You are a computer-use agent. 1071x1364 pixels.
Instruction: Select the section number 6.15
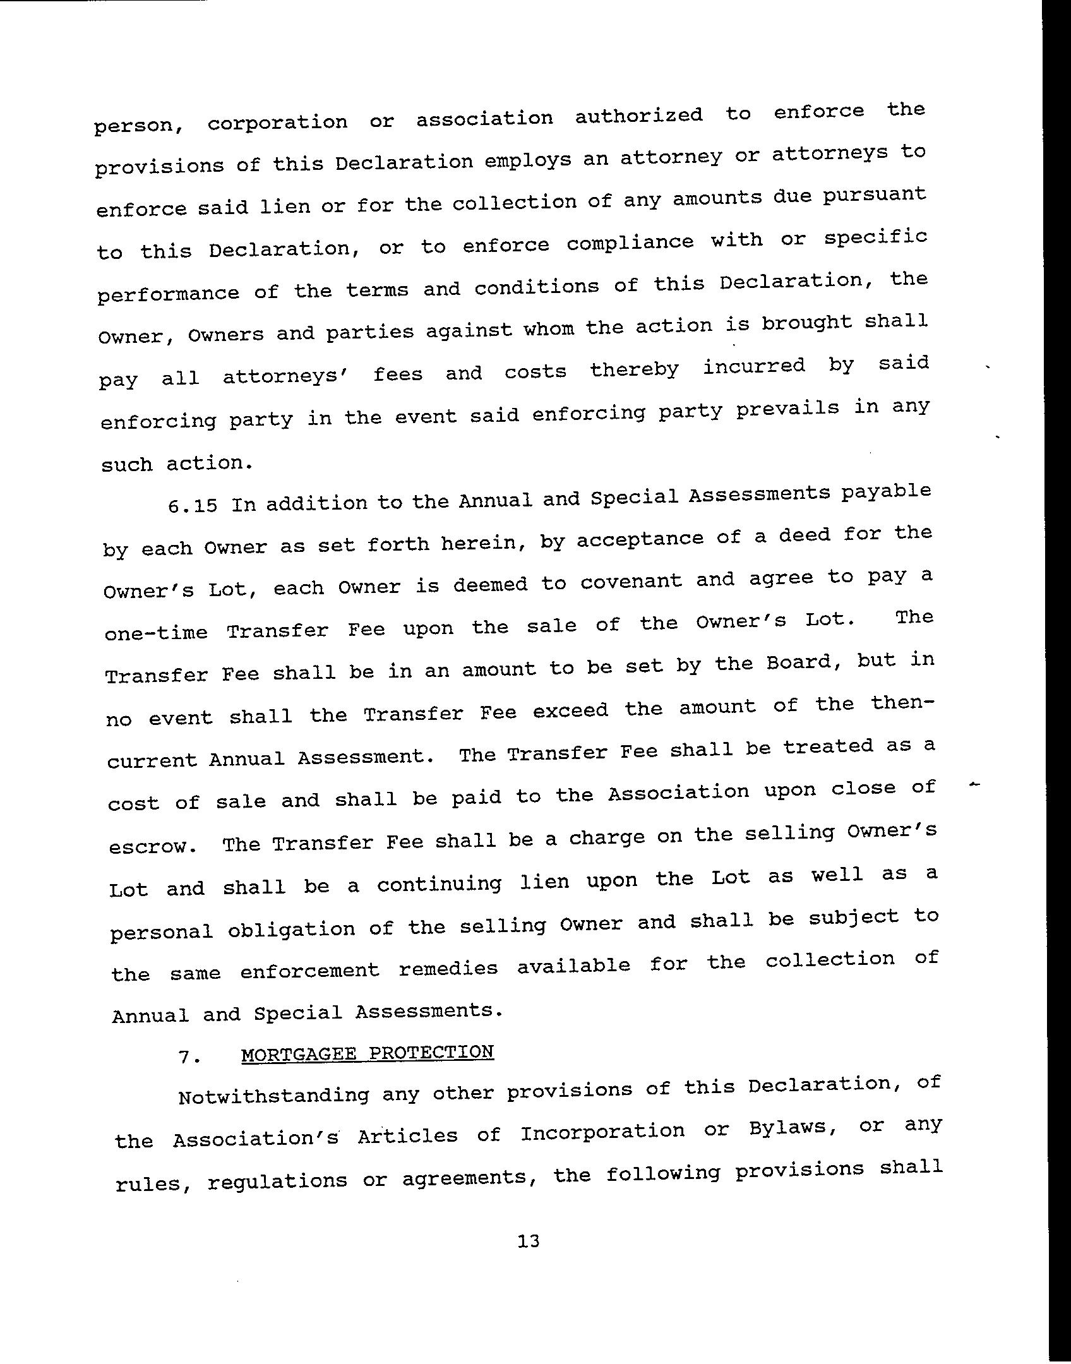193,506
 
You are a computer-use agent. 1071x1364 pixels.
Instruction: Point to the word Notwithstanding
273,1095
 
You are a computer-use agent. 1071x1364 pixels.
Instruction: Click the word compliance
630,242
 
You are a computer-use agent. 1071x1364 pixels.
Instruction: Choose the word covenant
631,582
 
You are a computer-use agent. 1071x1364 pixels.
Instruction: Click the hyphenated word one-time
155,633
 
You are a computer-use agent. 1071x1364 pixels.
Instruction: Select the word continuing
439,883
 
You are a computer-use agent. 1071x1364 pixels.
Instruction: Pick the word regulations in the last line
277,1180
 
